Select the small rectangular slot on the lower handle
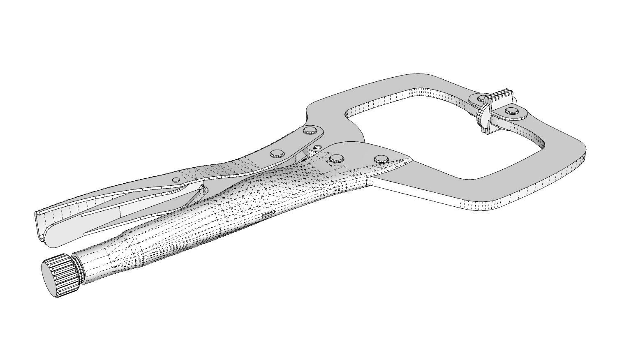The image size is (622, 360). point(267,215)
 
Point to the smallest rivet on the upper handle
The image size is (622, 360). point(176,180)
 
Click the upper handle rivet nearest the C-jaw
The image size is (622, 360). point(310,131)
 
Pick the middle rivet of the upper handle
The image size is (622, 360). point(277,154)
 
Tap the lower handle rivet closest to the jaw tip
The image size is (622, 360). point(381,159)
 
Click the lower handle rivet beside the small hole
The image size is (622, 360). point(336,158)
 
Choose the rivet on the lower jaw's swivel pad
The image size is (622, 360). point(511,110)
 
